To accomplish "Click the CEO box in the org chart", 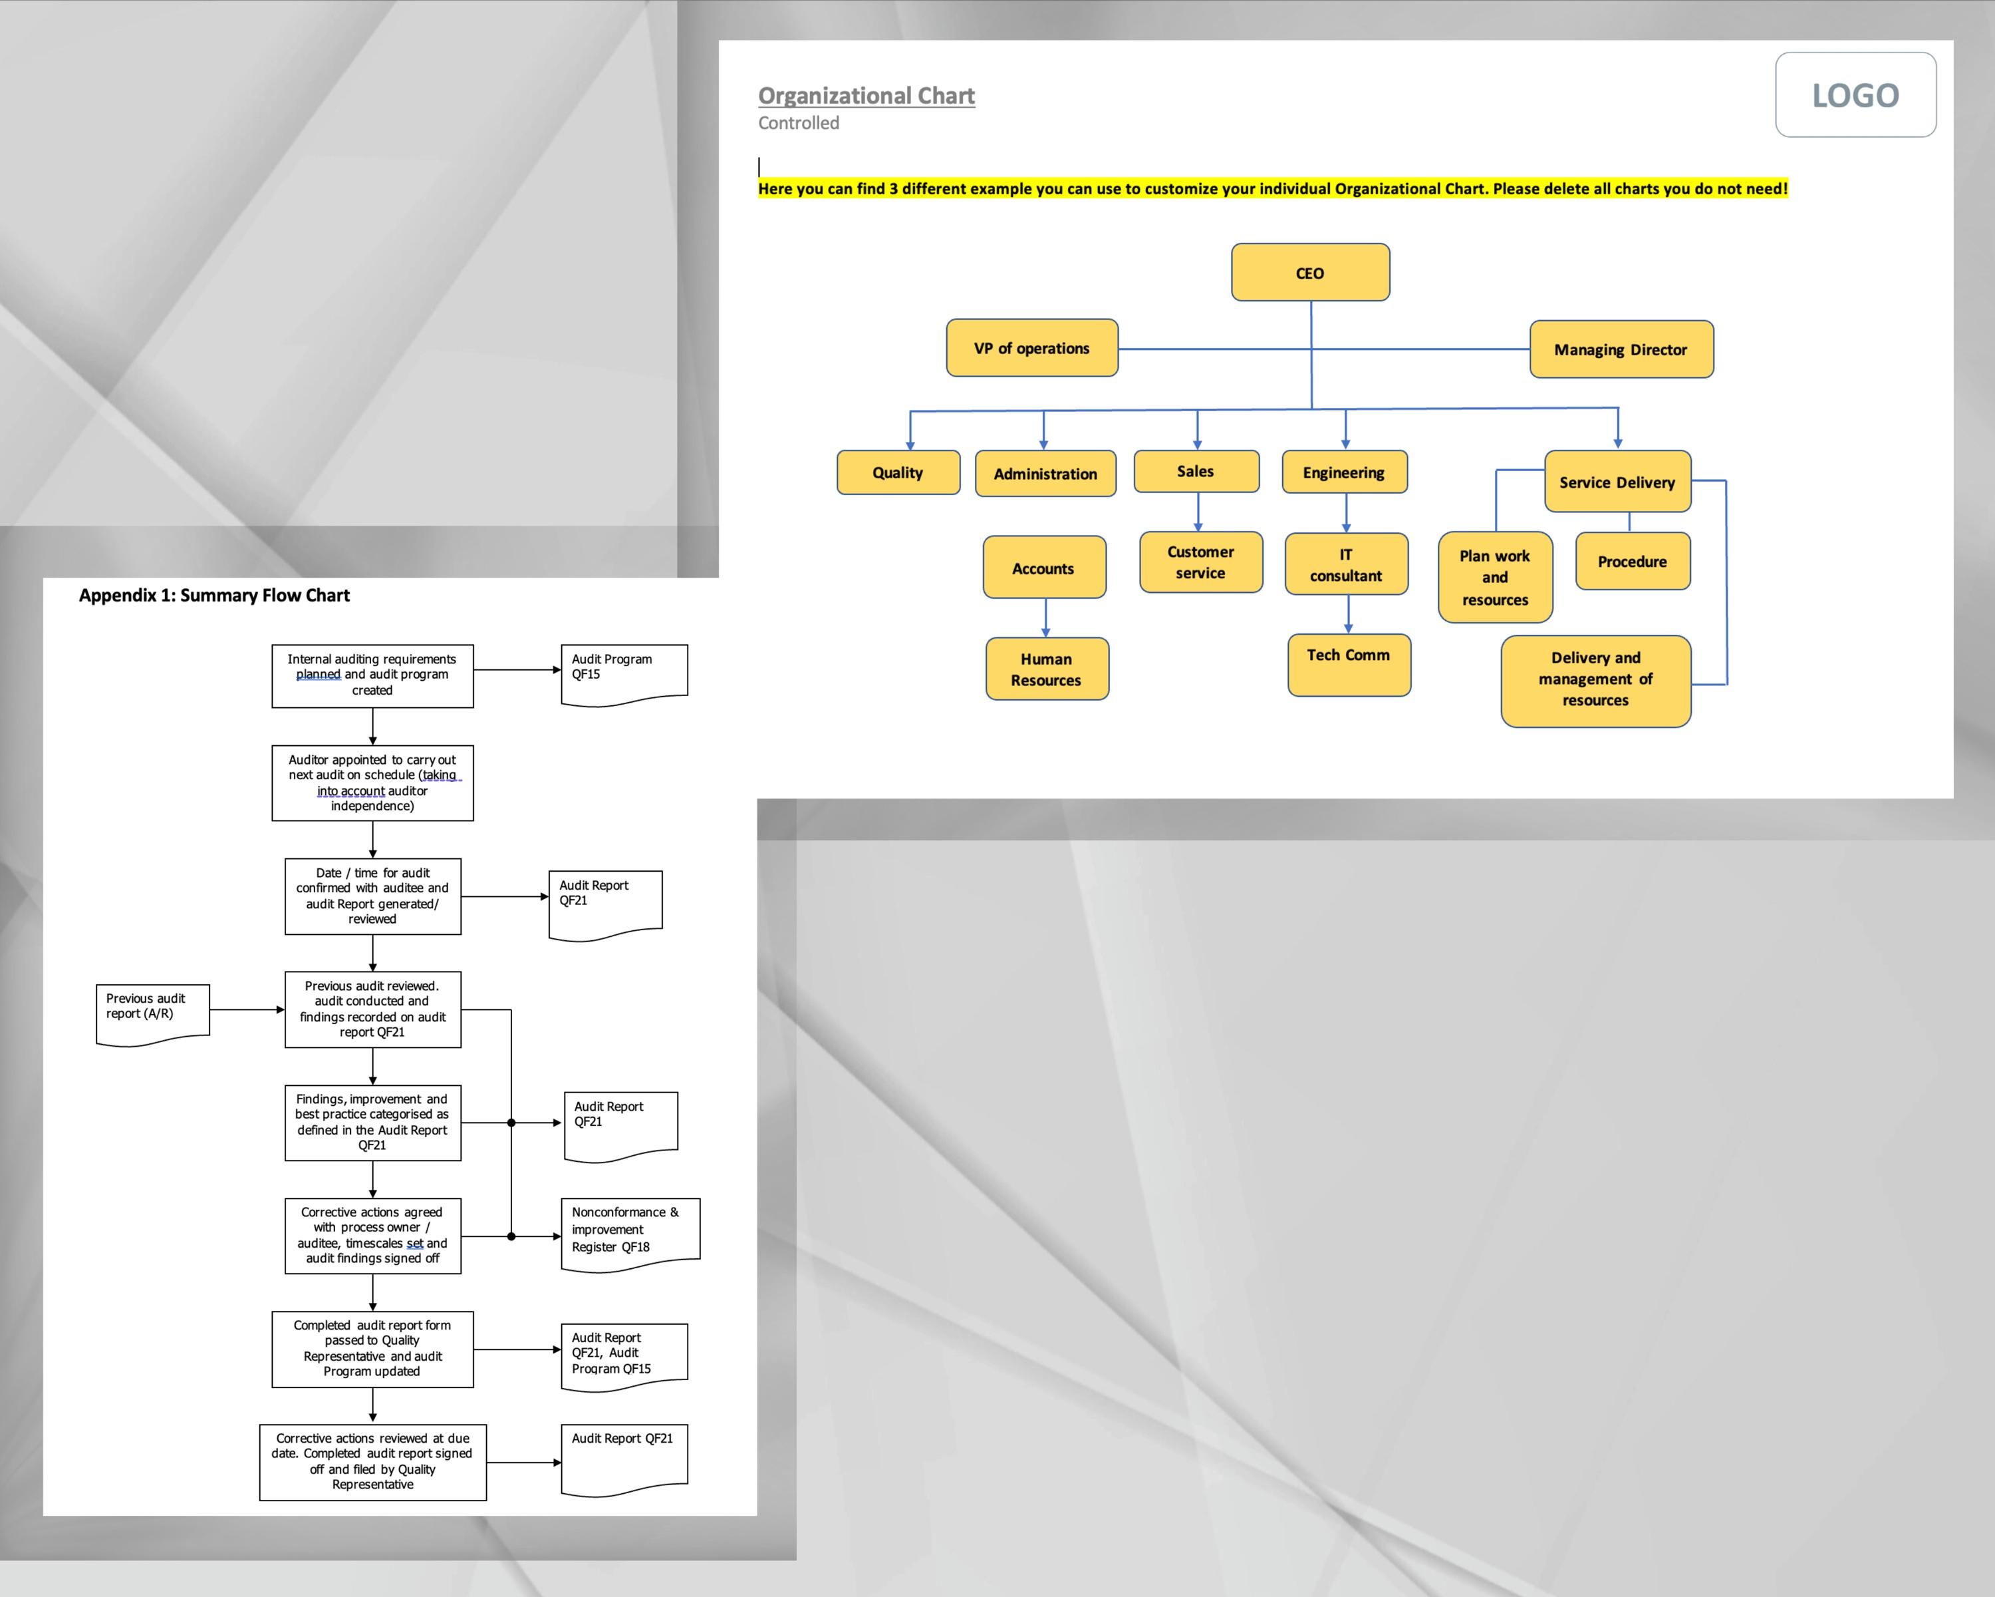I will (x=1309, y=272).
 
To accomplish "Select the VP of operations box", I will (x=1031, y=348).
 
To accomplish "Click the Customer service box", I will (x=1200, y=562).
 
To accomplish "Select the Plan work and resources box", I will (x=1494, y=577).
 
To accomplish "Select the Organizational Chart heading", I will (x=865, y=95).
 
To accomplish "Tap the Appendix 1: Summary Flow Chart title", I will (x=213, y=596).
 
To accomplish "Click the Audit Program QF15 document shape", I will (x=622, y=673).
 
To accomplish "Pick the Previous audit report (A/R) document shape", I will (x=152, y=1012).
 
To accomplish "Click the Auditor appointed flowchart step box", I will (x=372, y=783).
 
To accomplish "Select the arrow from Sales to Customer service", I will (x=1198, y=512).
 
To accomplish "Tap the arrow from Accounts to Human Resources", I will (x=1045, y=618).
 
